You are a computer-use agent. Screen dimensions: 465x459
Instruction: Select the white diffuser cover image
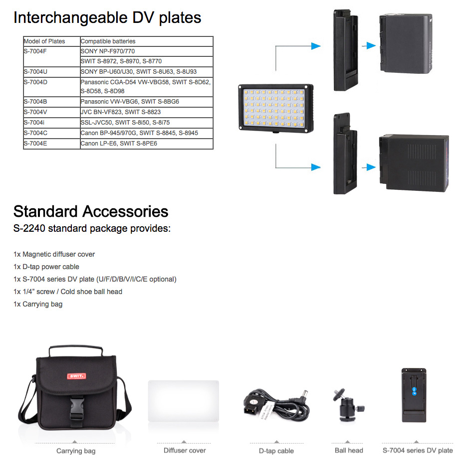pos(184,402)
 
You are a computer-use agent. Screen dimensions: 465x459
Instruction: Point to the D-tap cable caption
pos(276,451)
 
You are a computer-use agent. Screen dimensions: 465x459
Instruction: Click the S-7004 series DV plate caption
pos(418,451)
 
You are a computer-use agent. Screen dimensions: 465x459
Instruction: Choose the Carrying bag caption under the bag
pos(76,451)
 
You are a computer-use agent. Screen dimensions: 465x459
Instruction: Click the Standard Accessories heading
pos(91,211)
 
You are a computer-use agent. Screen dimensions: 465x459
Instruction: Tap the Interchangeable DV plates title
pos(107,18)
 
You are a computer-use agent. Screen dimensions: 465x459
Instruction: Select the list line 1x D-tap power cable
pos(46,267)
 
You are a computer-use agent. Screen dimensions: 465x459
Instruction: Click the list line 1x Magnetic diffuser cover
pos(54,255)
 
